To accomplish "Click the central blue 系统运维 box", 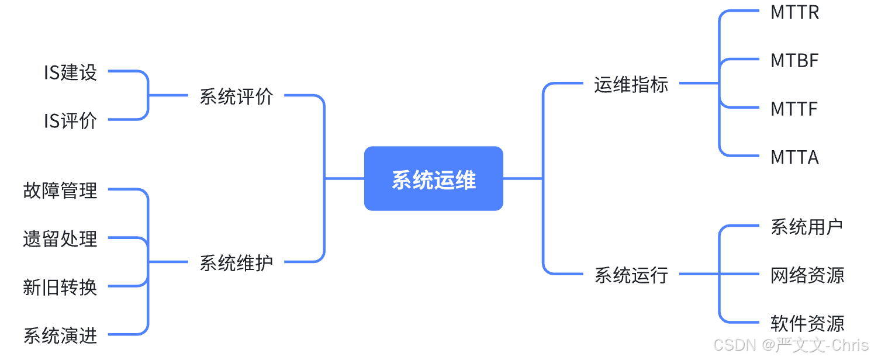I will coord(433,179).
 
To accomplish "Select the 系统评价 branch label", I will coord(236,96).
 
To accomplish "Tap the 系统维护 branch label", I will coord(236,262).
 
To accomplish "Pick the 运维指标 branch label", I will coord(631,84).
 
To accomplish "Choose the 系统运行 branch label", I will coord(631,274).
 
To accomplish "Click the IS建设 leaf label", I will coord(70,72).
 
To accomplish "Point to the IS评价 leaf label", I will coord(70,121).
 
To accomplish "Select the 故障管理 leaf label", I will coord(60,190).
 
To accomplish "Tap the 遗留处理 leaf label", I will coord(60,238).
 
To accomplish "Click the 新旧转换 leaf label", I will coord(60,287).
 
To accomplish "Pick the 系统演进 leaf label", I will coord(60,335).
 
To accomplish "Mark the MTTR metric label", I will coord(794,12).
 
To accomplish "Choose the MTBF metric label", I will coord(794,60).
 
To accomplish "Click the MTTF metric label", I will coord(794,109).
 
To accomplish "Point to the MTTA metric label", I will coord(794,157).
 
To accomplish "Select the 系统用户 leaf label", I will coord(807,227).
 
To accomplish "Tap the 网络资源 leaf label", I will coord(807,275).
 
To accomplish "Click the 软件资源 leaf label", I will coord(807,323).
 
